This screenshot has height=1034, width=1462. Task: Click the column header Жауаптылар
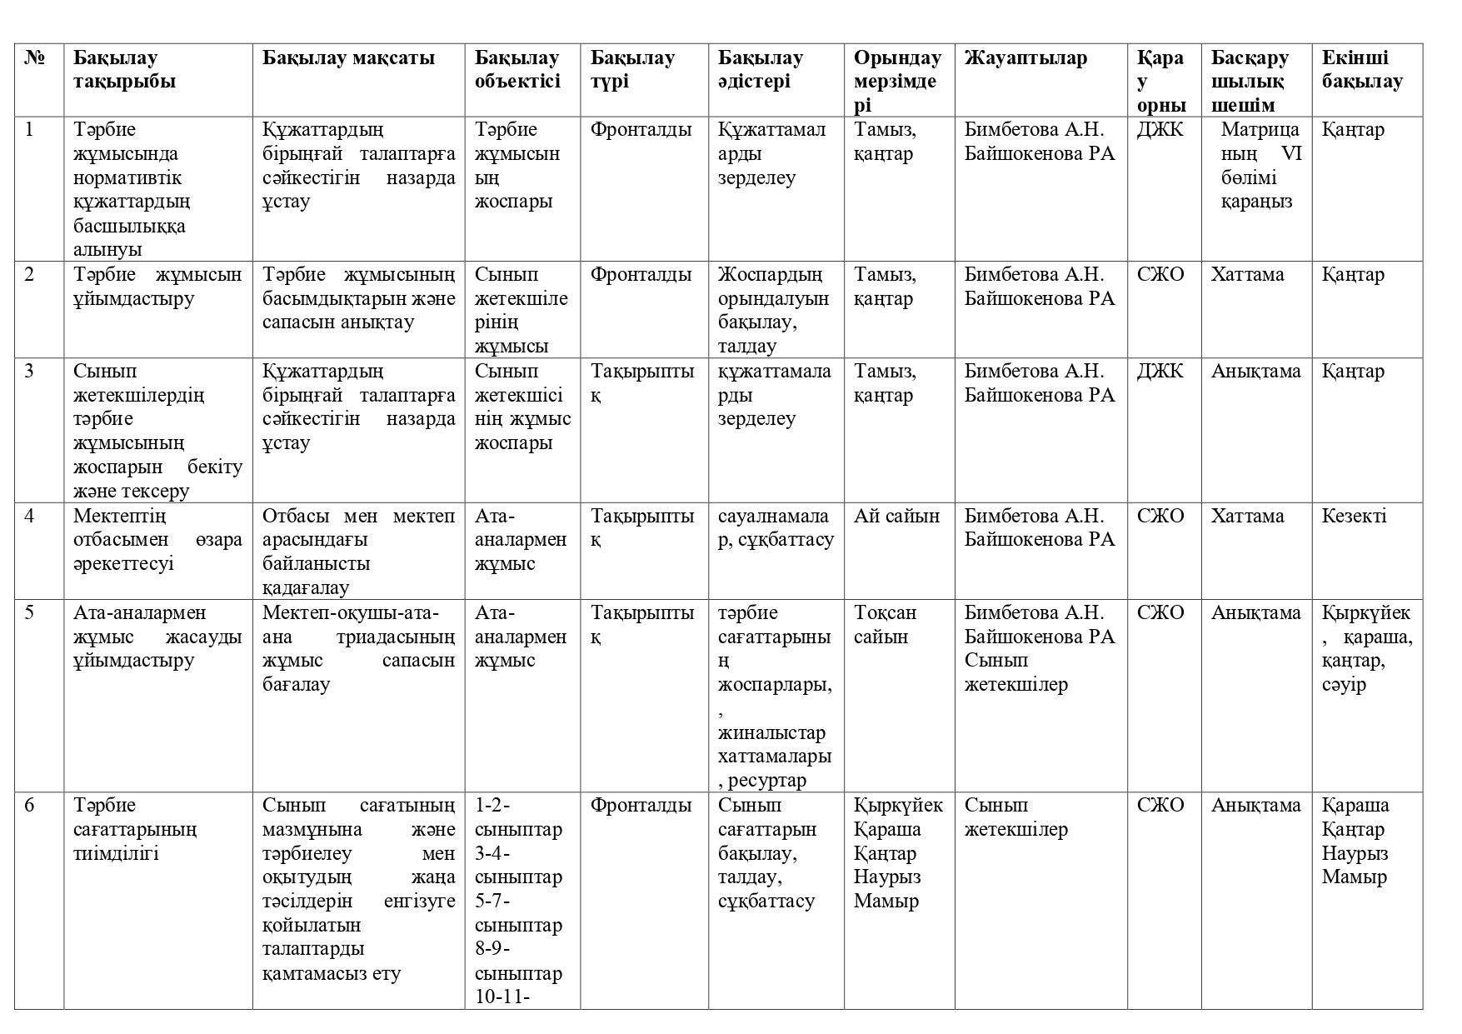(x=1025, y=58)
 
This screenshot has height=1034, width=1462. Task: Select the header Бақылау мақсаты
(x=348, y=58)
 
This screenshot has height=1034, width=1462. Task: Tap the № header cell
(x=34, y=58)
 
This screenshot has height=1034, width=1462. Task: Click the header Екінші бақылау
(x=1361, y=70)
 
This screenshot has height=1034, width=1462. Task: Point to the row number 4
(x=30, y=516)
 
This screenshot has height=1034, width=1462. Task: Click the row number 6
(x=30, y=806)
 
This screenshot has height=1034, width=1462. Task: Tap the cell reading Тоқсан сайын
(x=885, y=625)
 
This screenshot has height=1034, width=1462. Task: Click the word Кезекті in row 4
(x=1354, y=516)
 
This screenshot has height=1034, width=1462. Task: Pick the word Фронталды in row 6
(x=641, y=806)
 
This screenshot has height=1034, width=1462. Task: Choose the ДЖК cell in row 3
(x=1160, y=372)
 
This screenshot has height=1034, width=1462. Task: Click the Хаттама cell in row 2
(x=1247, y=275)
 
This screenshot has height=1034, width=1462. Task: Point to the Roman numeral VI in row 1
(x=1293, y=154)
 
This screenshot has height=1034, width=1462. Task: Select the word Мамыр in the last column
(x=1354, y=877)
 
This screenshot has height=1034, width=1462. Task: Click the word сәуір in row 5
(x=1344, y=685)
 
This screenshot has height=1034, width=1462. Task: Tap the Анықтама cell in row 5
(x=1255, y=613)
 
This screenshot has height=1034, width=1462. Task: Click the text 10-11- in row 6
(x=502, y=997)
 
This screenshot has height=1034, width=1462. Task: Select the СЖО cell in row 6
(x=1160, y=806)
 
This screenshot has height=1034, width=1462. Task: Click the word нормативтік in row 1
(x=127, y=178)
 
